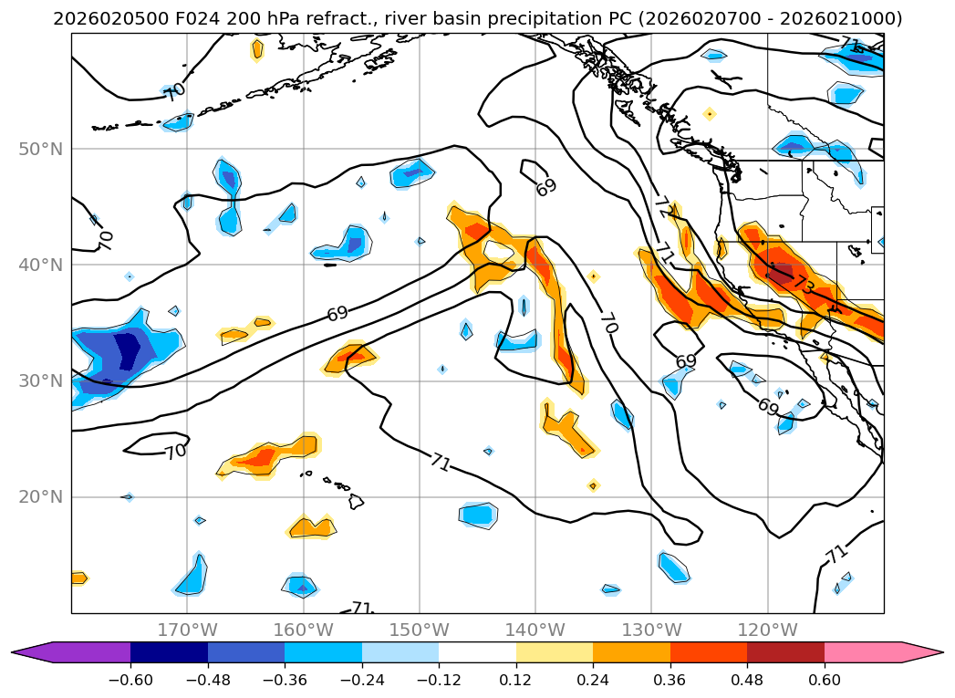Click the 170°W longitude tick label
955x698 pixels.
pos(187,630)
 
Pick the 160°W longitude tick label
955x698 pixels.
pos(303,630)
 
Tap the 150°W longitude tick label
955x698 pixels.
pos(419,630)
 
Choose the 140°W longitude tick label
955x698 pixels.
pos(535,630)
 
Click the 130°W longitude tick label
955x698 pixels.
pos(650,630)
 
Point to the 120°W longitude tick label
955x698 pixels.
pos(766,630)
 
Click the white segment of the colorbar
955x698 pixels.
pos(477,652)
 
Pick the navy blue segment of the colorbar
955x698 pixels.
pos(169,652)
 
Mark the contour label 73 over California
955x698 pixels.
pos(804,284)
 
